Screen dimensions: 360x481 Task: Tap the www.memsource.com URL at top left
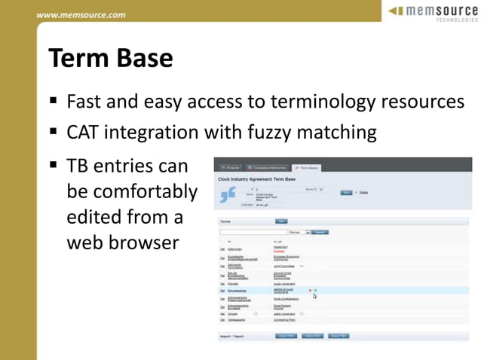pyautogui.click(x=81, y=14)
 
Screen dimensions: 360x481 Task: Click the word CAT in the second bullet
pyautogui.click(x=84, y=133)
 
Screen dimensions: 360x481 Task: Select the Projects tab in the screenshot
pyautogui.click(x=229, y=167)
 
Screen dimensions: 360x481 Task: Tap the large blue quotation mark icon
pyautogui.click(x=227, y=195)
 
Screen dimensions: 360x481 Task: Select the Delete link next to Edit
pyautogui.click(x=363, y=192)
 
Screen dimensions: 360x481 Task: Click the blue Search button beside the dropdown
pyautogui.click(x=320, y=233)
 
